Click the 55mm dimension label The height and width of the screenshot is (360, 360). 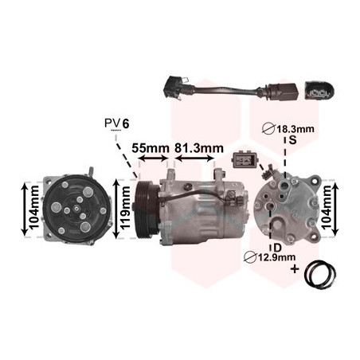(151, 148)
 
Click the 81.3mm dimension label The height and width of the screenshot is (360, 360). (199, 148)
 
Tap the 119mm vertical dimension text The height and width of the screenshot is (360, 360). (125, 208)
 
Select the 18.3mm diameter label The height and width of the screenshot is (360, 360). (295, 129)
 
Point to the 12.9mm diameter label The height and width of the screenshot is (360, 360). (276, 257)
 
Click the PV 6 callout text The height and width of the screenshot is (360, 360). (117, 123)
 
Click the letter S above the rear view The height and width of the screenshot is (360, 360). (292, 140)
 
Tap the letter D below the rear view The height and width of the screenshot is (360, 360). (277, 248)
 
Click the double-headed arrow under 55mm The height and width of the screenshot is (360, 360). (153, 158)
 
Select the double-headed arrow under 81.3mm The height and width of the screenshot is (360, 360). (194, 158)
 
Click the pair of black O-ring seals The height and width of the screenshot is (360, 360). (320, 274)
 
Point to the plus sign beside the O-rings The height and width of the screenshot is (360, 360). (295, 269)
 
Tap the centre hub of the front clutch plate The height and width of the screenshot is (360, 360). (76, 209)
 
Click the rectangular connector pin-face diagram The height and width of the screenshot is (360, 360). (245, 159)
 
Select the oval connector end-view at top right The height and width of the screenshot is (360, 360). (319, 91)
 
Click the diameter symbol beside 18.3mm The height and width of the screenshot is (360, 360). (268, 129)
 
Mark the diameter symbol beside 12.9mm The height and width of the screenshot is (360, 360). (250, 257)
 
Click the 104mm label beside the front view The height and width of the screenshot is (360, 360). (33, 208)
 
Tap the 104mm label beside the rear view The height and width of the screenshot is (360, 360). (327, 207)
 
